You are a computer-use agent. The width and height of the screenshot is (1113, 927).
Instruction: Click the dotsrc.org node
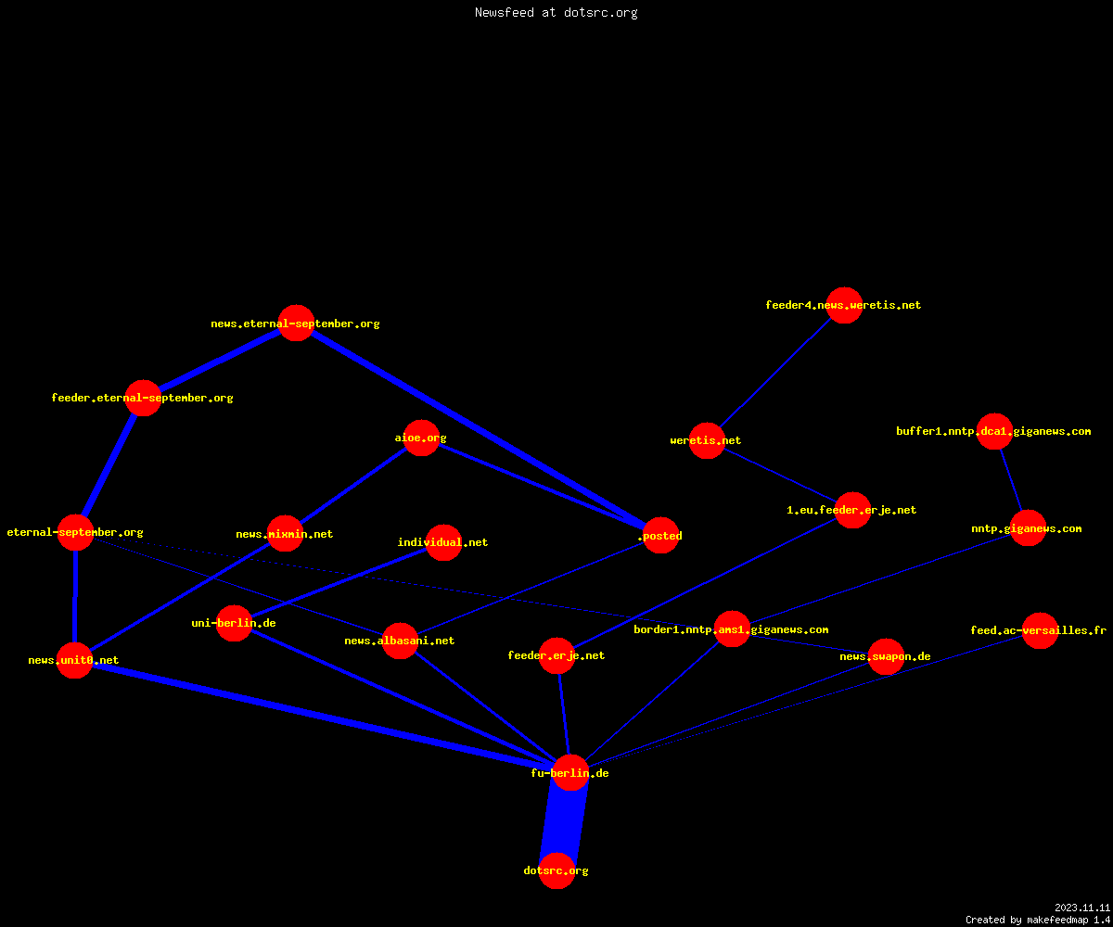pos(556,870)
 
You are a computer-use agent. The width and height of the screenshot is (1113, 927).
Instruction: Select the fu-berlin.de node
pos(570,772)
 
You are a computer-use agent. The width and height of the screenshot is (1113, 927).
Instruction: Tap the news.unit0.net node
pos(74,660)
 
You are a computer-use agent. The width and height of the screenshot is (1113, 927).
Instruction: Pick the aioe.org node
pos(421,438)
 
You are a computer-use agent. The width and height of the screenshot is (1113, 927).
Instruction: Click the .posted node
pos(661,536)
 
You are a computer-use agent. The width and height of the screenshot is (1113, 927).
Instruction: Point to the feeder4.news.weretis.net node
pos(844,305)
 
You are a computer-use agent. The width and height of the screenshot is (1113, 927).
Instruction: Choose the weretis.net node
pos(707,440)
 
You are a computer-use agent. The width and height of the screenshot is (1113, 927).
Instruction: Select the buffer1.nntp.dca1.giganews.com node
pos(994,431)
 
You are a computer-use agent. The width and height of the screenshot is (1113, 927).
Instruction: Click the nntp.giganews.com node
pos(1028,528)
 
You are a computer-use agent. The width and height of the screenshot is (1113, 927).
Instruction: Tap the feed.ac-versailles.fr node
pos(1040,630)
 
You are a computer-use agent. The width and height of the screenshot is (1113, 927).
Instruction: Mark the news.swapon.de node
pos(886,656)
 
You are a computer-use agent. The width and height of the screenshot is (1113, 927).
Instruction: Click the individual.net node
pos(443,542)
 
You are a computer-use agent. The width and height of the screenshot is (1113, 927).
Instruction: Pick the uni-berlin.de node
pos(234,623)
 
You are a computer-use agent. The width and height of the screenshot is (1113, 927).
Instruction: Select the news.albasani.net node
pos(400,641)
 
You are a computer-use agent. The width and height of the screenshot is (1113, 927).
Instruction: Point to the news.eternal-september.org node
pos(297,323)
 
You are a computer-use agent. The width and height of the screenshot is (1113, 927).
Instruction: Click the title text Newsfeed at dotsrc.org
pos(556,12)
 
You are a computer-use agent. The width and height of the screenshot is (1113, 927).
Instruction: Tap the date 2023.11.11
pos(1082,908)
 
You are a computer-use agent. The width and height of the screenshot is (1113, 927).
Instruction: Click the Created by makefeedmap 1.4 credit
pos(1038,920)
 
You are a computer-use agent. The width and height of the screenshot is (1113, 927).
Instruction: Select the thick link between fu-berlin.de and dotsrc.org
pos(563,821)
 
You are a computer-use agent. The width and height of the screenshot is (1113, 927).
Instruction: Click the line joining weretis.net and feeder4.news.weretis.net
pos(775,373)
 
